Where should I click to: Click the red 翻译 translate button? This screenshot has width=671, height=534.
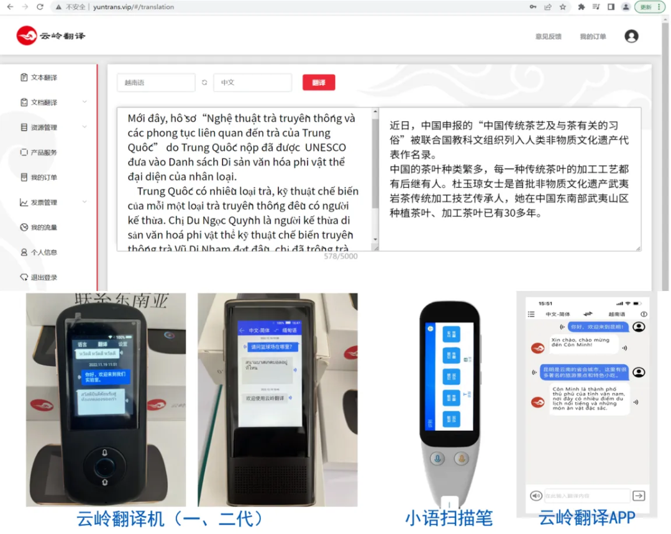319,83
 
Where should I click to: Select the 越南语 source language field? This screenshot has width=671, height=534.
155,83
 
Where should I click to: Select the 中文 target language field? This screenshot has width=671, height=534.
252,83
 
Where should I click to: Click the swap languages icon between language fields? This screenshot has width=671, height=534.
204,83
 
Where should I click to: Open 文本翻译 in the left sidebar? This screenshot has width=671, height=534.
43,78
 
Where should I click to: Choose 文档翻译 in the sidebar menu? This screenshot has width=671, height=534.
43,103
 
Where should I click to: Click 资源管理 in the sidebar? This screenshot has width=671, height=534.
43,127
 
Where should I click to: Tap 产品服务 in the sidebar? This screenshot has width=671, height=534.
43,152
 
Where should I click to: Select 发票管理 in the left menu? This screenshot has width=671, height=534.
43,202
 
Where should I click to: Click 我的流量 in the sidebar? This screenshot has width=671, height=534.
43,228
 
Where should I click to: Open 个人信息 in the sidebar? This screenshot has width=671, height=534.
43,252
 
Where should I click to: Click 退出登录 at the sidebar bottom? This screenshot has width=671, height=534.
43,277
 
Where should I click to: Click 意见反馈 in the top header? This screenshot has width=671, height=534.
548,37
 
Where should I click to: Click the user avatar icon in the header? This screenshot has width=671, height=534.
631,36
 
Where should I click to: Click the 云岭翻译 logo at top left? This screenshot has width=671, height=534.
51,36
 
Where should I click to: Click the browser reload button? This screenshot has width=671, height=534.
40,7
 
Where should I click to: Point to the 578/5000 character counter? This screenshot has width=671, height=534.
340,256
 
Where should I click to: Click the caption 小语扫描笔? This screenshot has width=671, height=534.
449,518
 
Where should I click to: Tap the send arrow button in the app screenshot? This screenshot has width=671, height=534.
638,495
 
